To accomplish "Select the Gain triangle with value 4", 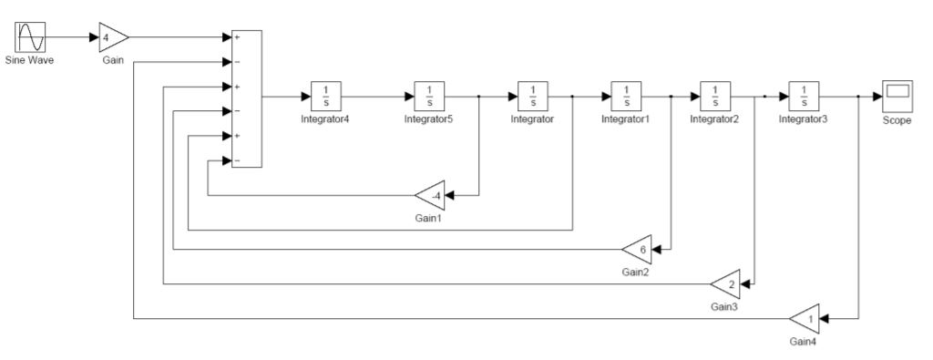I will point(112,37).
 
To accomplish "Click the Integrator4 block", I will point(325,96).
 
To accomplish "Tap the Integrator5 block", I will point(429,96).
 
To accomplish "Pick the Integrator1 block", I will point(625,96).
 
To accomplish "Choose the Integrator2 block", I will point(714,96).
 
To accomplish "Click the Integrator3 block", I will point(804,96).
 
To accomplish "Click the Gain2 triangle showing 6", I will point(637,247).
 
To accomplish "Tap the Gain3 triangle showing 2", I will point(726,283).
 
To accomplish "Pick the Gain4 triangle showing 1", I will point(805,319).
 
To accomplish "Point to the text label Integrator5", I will point(429,119).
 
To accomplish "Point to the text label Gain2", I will point(636,271).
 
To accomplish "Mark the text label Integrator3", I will point(804,119).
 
